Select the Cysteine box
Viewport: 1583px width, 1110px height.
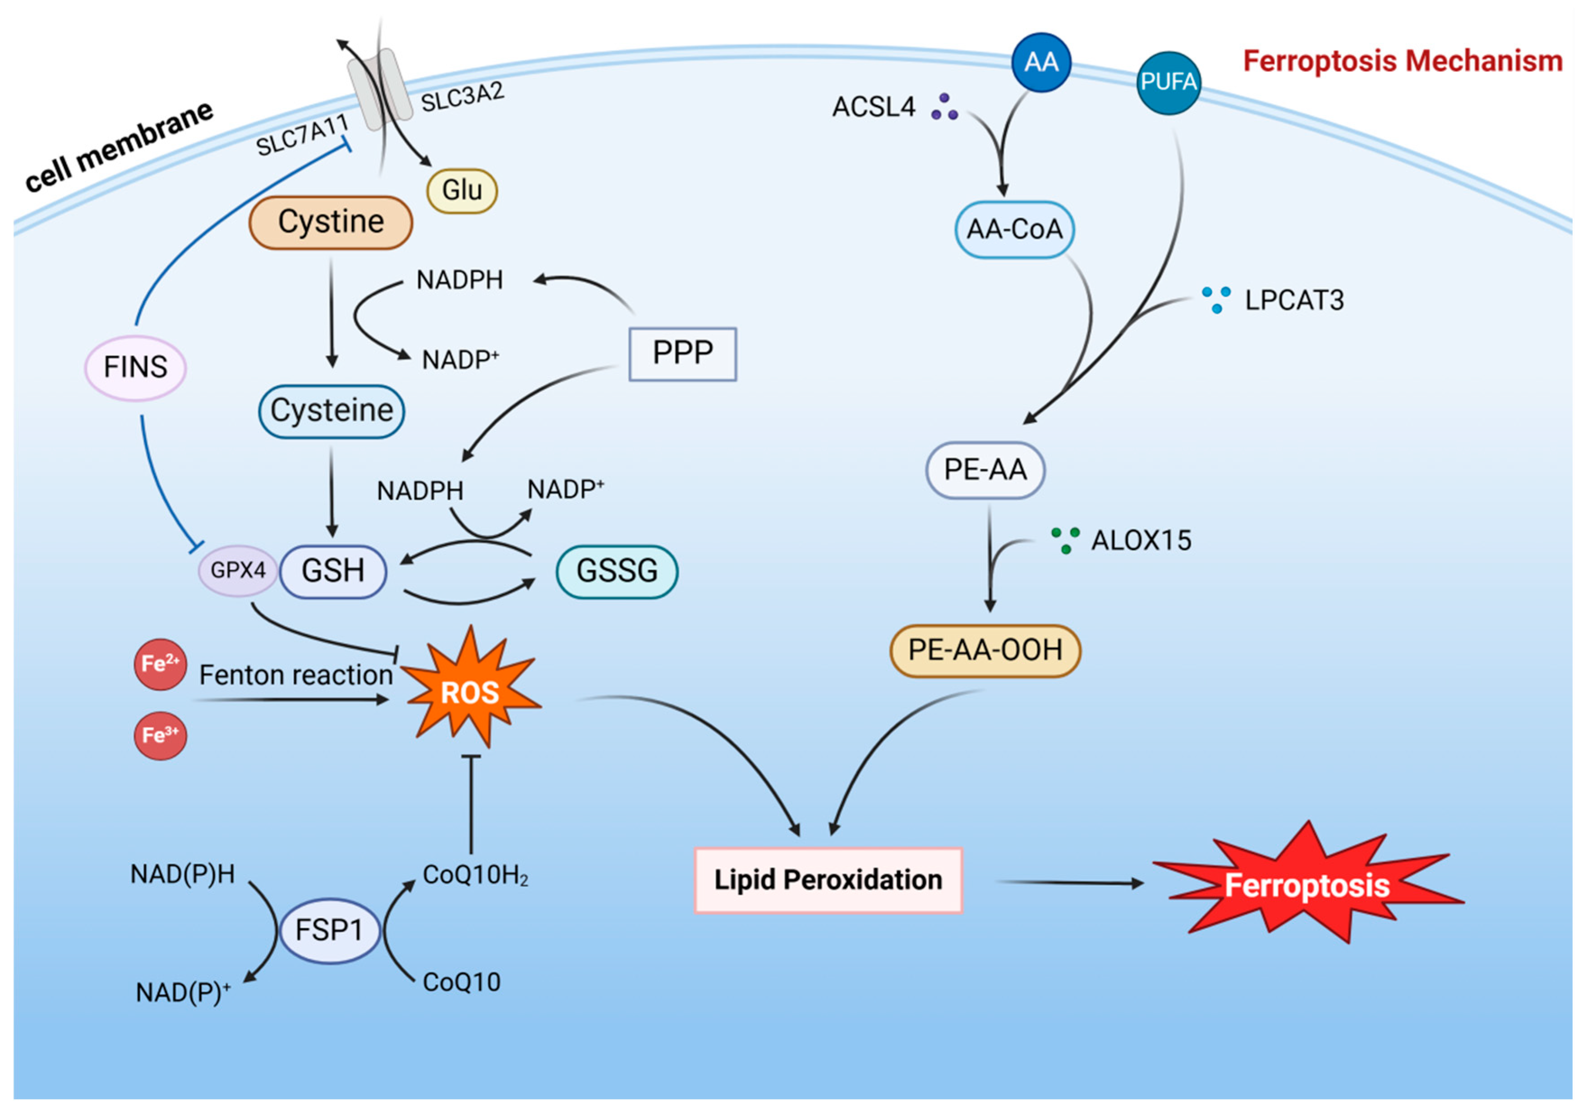point(331,411)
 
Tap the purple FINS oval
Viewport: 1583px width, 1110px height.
point(135,367)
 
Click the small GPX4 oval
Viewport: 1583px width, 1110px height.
point(237,570)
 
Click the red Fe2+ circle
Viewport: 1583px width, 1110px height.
point(160,664)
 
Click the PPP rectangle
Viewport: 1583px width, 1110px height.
point(682,353)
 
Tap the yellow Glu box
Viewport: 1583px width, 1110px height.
point(461,190)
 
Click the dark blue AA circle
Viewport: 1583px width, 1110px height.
point(1040,63)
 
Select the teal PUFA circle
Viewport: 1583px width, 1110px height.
point(1168,82)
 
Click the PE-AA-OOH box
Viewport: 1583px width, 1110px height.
point(985,650)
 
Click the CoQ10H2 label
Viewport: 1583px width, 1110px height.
point(475,875)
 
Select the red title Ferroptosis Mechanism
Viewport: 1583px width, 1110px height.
point(1402,61)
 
